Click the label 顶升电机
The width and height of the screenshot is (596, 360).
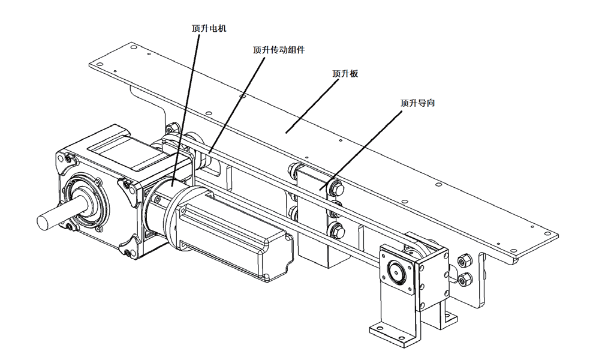coord(209,29)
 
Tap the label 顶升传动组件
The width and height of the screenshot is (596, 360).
coord(279,50)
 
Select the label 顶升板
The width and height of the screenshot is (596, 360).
coord(345,73)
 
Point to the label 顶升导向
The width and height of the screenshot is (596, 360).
coord(417,103)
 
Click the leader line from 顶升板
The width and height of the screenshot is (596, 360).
coord(312,107)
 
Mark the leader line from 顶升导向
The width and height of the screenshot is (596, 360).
coord(360,150)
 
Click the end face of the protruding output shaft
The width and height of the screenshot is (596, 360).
coord(44,221)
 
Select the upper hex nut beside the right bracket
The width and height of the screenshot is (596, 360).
coord(464,261)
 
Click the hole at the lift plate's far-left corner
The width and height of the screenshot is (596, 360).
coord(101,64)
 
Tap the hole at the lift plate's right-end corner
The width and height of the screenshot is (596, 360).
coord(547,234)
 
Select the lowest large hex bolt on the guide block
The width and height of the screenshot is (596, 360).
coord(336,230)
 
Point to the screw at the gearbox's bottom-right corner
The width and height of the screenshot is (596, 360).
coord(127,253)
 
